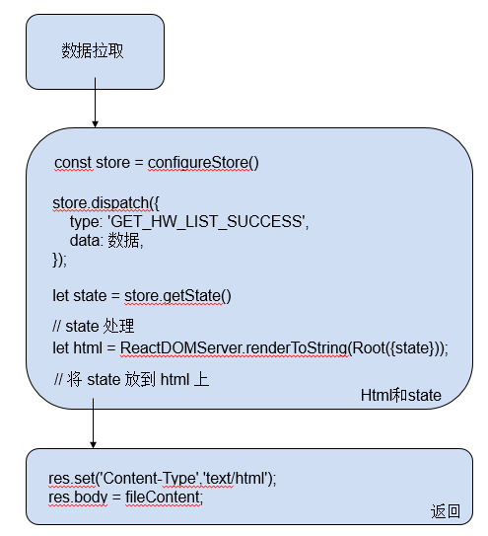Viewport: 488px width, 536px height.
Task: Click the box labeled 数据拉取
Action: (94, 51)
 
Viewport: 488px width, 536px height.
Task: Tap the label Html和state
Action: (401, 395)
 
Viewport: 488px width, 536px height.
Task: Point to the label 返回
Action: (445, 510)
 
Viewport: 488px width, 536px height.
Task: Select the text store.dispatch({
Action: (104, 203)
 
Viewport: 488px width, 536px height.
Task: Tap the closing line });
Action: (60, 260)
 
